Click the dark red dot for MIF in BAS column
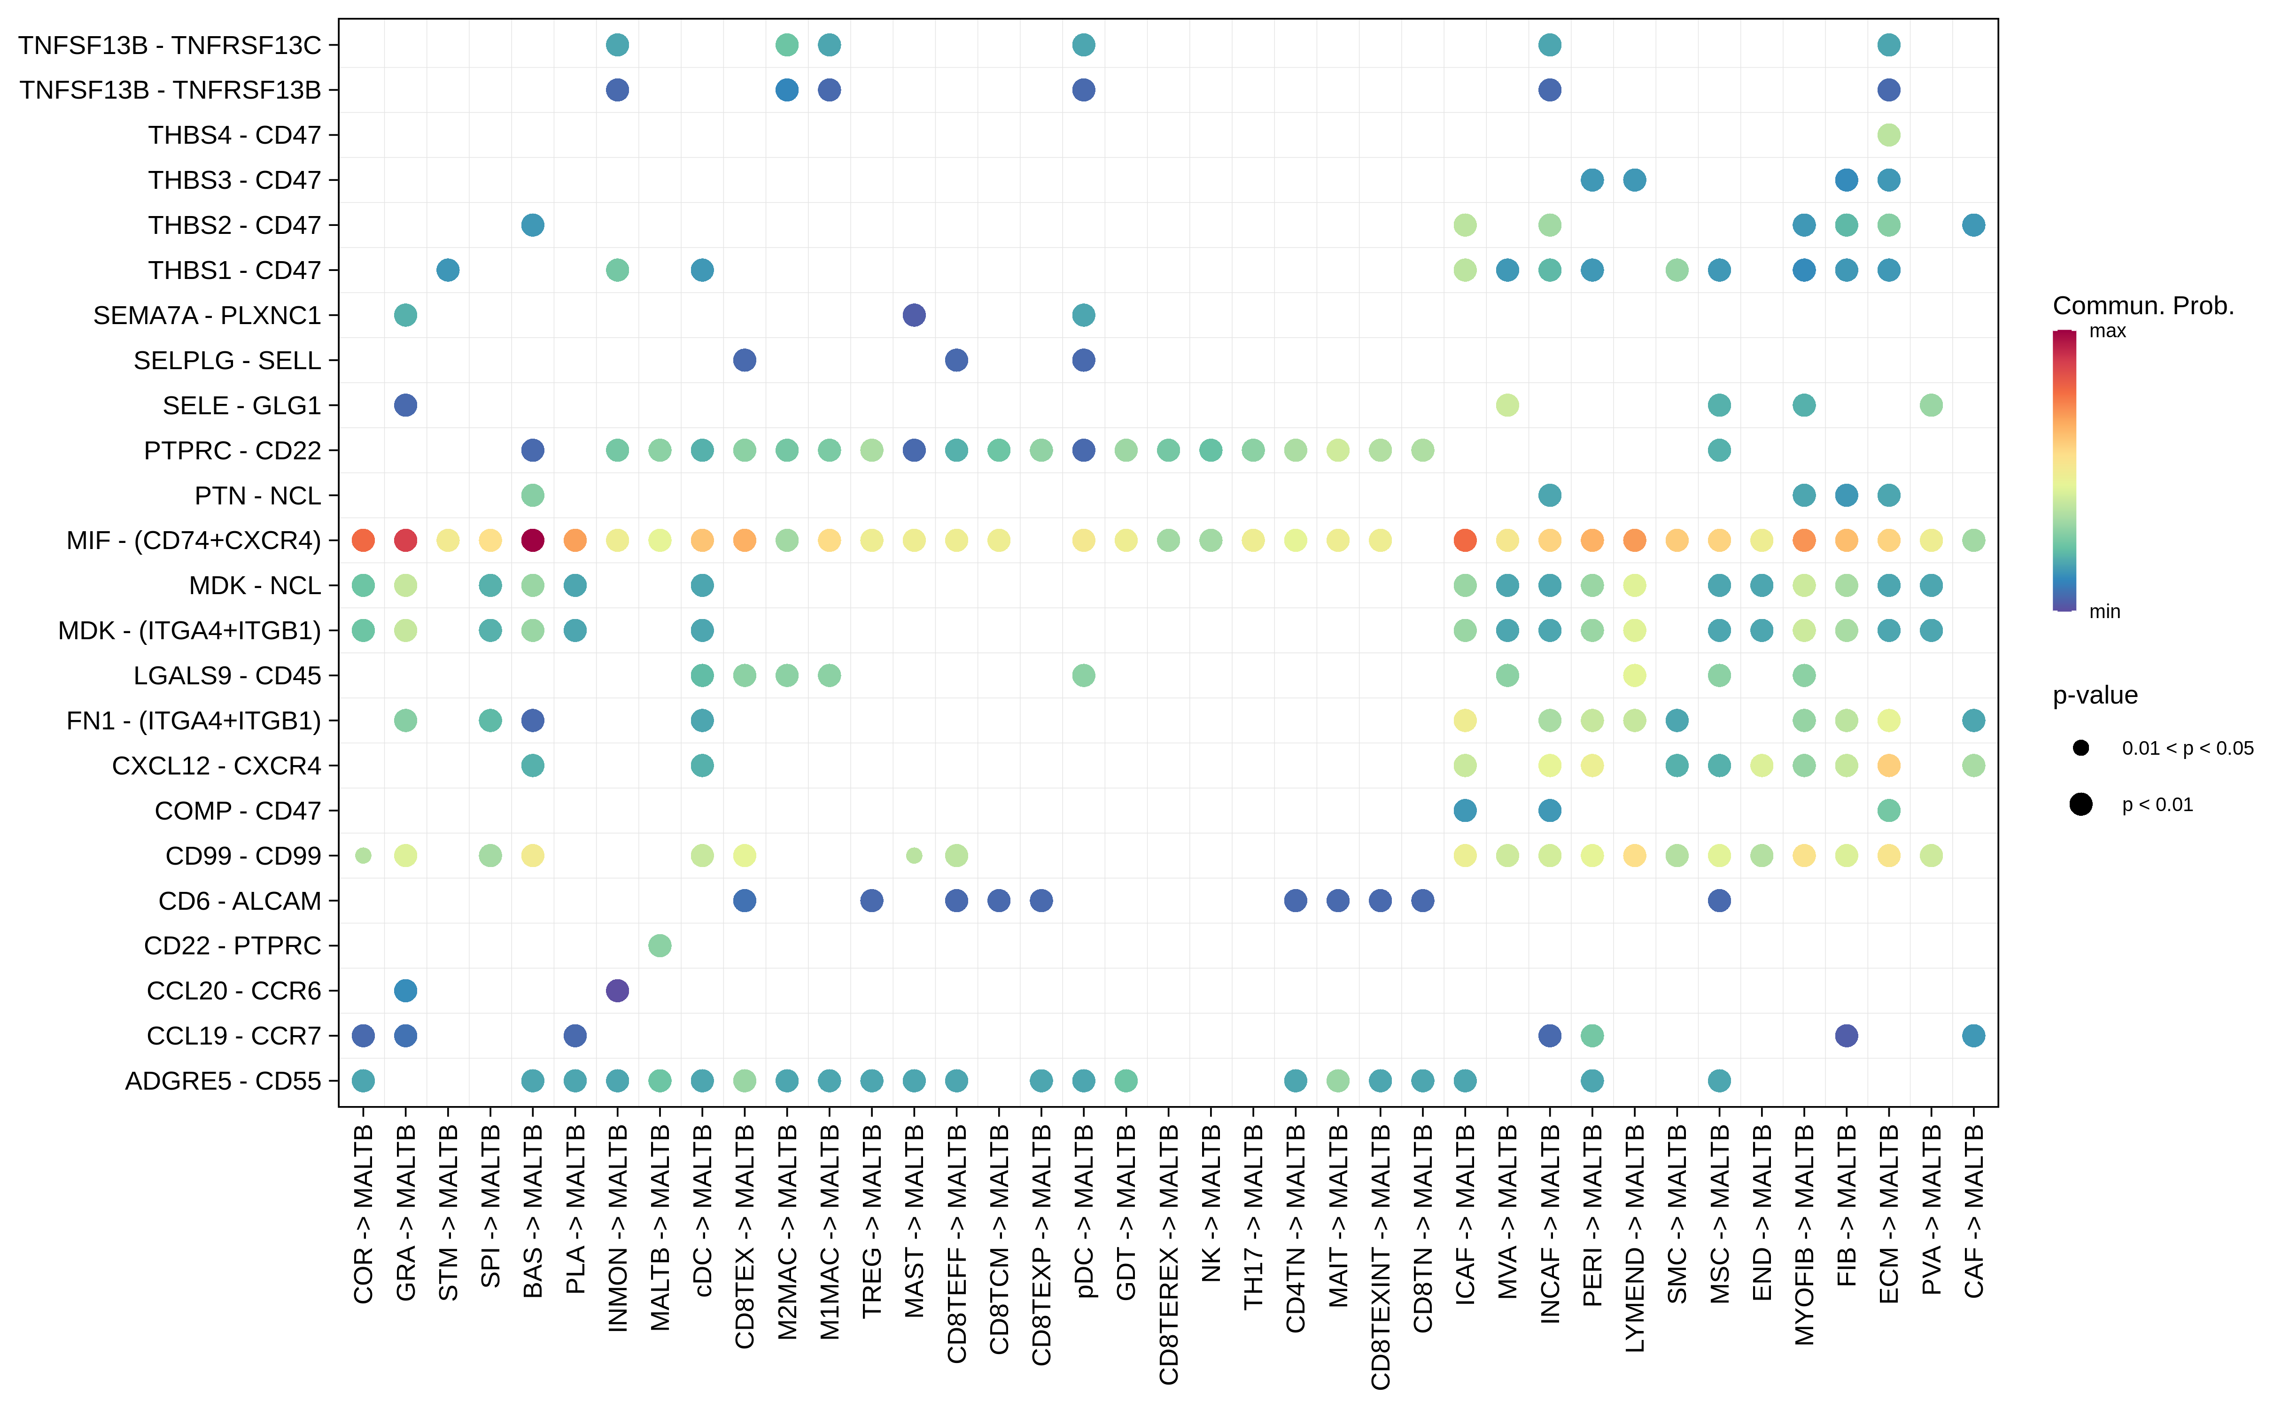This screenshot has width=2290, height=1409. pos(532,541)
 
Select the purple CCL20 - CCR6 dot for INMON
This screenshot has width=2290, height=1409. pos(617,991)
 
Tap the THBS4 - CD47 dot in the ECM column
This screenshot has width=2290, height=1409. pos(1888,135)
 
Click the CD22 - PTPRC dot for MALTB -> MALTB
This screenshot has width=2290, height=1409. pos(660,946)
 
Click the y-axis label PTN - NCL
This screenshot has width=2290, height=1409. pos(257,496)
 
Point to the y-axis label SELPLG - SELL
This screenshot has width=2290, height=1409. pos(227,361)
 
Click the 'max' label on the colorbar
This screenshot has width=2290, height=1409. pos(2107,331)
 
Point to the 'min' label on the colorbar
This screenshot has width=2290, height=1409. pos(2104,612)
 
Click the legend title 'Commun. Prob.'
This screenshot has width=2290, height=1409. pos(2143,306)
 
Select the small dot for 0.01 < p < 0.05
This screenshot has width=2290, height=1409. pos(2080,747)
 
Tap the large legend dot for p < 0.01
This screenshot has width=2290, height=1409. pos(2080,804)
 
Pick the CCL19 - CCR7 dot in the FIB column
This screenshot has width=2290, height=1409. pos(1847,1035)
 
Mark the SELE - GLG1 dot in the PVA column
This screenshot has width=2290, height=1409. pos(1931,405)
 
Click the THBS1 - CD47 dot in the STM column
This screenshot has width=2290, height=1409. pos(447,270)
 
